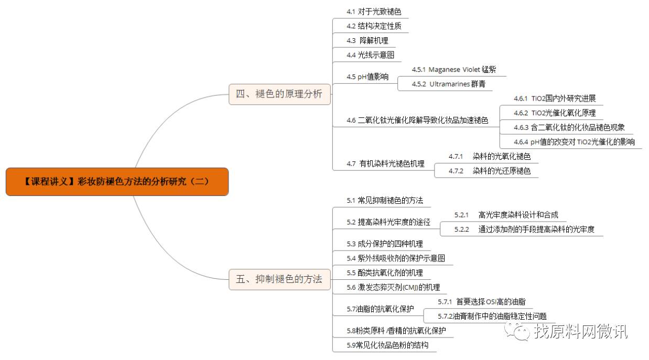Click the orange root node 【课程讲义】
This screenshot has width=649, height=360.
pos(117,181)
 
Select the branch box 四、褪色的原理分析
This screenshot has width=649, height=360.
pos(279,94)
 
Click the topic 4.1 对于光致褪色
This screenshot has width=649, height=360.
pos(374,11)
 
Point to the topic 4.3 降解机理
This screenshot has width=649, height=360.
pos(367,40)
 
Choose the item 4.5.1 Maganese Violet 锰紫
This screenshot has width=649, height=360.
pos(453,69)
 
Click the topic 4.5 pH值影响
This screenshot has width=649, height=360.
pos(367,77)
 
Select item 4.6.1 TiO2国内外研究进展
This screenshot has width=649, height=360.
pos(555,98)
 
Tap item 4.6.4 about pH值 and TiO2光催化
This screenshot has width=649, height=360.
pos(574,141)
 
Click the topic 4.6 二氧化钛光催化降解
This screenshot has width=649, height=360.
pos(417,121)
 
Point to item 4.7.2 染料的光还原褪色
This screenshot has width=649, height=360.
pos(490,171)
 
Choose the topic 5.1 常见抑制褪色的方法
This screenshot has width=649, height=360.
pos(385,200)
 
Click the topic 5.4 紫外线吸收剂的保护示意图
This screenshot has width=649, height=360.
pos(396,258)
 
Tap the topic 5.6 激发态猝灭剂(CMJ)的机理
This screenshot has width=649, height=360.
pos(393,287)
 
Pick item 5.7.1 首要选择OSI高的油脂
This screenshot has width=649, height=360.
pos(481,301)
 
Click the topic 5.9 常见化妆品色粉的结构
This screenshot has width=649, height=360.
pos(387,345)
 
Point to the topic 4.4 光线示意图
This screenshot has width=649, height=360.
pos(370,54)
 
